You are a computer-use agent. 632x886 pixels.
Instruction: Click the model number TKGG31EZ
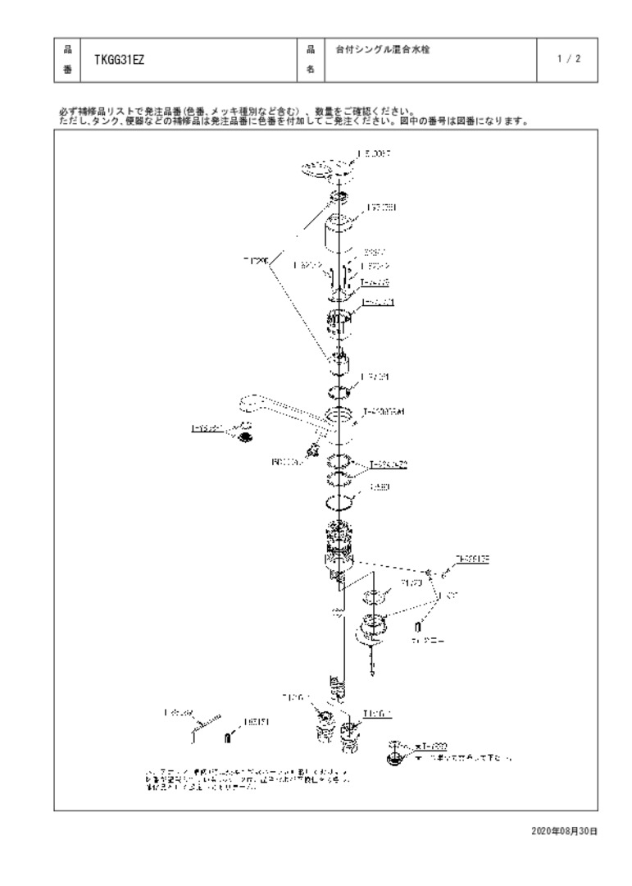120,59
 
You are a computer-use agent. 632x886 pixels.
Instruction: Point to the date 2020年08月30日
564,831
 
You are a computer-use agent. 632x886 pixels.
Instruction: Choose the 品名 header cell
311,59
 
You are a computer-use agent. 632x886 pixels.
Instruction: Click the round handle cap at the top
325,169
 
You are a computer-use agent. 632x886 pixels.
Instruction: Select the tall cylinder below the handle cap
339,234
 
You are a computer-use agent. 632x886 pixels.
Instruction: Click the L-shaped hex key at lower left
200,723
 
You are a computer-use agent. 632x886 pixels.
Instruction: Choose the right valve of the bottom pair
351,729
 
